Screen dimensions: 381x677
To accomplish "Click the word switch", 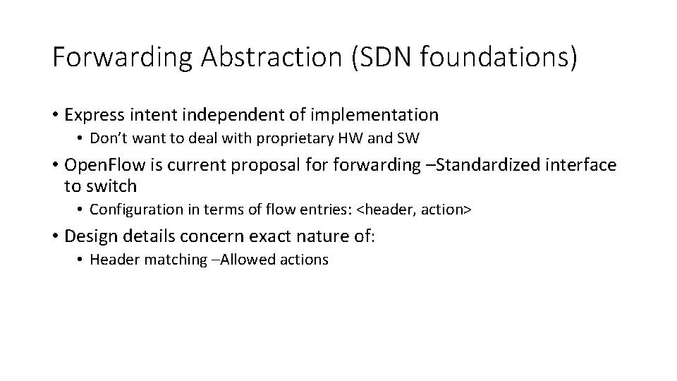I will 111,186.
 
